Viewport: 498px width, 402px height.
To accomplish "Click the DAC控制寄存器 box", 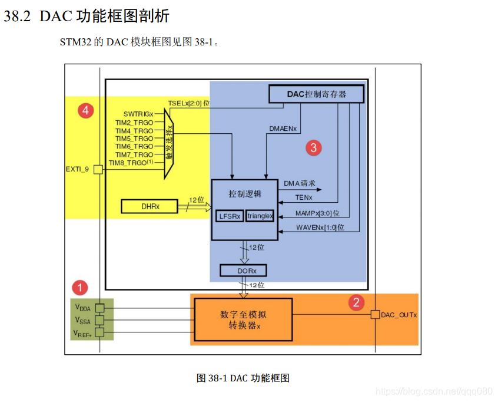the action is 316,94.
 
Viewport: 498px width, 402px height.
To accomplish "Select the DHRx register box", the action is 150,206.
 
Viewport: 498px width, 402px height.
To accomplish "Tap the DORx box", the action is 243,271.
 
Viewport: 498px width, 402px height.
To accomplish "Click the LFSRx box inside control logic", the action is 230,216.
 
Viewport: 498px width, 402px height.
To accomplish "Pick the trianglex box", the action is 260,216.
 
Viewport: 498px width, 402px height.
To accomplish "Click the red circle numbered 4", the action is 86,110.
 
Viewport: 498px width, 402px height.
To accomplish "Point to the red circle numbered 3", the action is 314,147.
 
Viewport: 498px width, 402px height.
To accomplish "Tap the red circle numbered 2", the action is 356,302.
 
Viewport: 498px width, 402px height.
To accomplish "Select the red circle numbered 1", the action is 79,288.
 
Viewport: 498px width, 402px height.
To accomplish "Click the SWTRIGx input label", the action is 138,114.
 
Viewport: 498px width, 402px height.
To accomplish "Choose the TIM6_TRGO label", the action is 134,146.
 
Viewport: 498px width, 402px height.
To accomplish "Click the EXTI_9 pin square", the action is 98,170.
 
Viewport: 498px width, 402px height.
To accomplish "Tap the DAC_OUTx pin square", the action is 376,315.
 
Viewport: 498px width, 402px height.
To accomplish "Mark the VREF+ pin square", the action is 99,332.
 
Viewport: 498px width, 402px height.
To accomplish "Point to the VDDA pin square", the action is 99,308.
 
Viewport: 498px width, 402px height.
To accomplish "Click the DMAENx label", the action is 283,128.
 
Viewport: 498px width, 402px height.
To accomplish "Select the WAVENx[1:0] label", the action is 320,228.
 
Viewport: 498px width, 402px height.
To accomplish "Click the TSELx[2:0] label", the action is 188,103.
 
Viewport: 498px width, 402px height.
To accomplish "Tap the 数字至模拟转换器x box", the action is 243,319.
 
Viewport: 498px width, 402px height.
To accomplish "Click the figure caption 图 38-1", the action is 243,378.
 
